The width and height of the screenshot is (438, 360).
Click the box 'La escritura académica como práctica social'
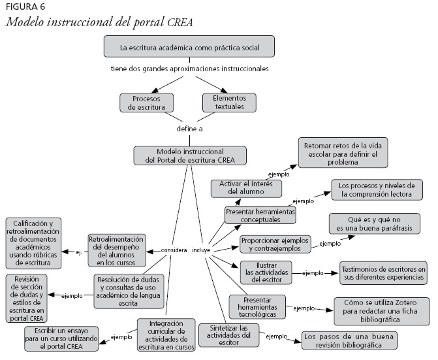pos(189,47)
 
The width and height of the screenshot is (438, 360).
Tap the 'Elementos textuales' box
pos(229,102)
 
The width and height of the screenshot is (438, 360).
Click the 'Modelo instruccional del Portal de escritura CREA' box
pos(191,155)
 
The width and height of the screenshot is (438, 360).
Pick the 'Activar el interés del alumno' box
pos(246,188)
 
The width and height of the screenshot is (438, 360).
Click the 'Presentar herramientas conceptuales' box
pos(260,216)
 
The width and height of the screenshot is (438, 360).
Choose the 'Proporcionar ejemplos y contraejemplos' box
pos(274,244)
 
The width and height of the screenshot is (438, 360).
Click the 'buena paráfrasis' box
pos(374,223)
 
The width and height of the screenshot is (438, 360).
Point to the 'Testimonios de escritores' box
pos(383,273)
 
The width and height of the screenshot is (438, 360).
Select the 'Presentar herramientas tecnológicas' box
pos(257,306)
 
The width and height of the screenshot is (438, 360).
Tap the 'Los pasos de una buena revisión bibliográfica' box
pos(349,340)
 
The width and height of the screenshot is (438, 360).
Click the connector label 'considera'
pos(174,250)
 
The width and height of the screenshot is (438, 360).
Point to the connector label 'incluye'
pos(201,250)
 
